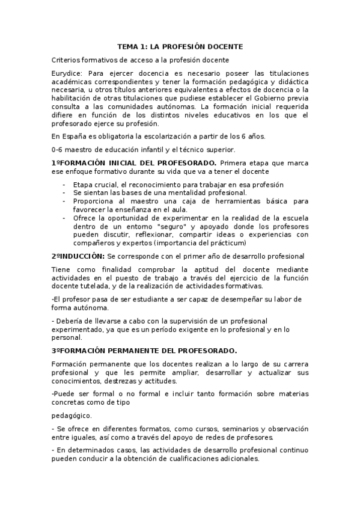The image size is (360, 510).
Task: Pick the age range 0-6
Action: (58, 149)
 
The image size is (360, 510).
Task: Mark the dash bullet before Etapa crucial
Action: (64, 184)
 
